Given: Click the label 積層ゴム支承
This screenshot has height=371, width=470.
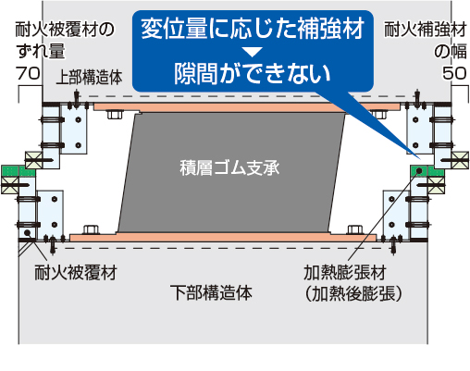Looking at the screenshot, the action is point(229,168).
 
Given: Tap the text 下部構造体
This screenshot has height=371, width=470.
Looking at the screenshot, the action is point(211,292).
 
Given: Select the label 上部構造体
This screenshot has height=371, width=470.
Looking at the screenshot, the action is point(90,77).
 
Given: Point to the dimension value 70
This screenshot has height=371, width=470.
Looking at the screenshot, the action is point(28,73).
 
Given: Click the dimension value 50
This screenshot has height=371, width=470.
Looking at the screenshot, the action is point(454,73).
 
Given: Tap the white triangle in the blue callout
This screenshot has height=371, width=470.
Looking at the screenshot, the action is point(252,52).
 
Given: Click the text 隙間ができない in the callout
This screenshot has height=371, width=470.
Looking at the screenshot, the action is point(253,74).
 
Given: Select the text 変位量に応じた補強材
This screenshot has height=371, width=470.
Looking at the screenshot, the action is point(253,29).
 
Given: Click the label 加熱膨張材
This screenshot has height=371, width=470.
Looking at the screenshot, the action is point(345,273).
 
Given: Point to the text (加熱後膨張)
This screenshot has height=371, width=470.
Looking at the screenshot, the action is point(353,293).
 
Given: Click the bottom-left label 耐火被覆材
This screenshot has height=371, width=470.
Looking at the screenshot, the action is point(76,273).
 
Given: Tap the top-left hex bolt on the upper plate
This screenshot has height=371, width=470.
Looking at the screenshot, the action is point(115,115).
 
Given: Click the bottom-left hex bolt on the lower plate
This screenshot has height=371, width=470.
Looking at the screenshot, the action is point(92,229).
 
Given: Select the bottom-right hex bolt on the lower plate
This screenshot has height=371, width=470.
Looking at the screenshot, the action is point(355,229).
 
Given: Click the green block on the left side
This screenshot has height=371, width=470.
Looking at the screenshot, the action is point(19,171).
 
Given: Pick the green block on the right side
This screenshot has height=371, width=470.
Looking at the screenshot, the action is point(427,171).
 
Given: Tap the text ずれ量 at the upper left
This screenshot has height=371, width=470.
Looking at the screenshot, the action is point(41,51).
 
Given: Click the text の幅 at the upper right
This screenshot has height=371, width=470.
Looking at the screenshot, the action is point(451,51).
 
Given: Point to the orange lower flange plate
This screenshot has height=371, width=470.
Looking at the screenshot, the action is point(223,238).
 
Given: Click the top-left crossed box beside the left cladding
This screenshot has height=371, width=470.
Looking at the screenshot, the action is point(33,160).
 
